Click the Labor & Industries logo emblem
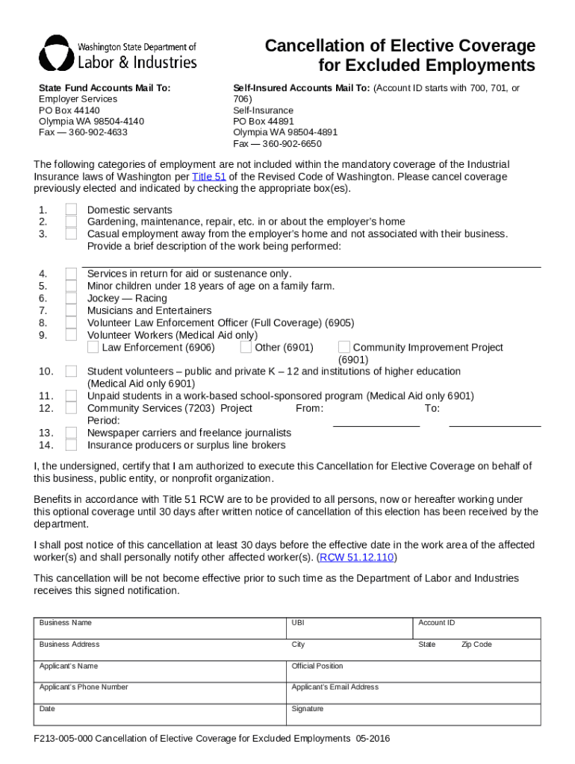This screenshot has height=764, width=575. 57,52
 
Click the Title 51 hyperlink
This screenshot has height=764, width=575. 209,177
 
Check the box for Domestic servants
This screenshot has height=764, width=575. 71,210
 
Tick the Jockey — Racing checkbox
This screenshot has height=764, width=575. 71,298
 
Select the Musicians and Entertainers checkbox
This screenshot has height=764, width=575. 71,310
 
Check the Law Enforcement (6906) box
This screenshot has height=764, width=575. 93,347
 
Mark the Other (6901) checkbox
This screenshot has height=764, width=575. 246,347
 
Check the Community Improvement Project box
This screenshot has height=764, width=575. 344,347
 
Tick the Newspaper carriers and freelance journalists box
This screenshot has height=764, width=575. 71,433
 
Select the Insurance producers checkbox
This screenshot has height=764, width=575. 71,445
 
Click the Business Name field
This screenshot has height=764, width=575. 161,627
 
